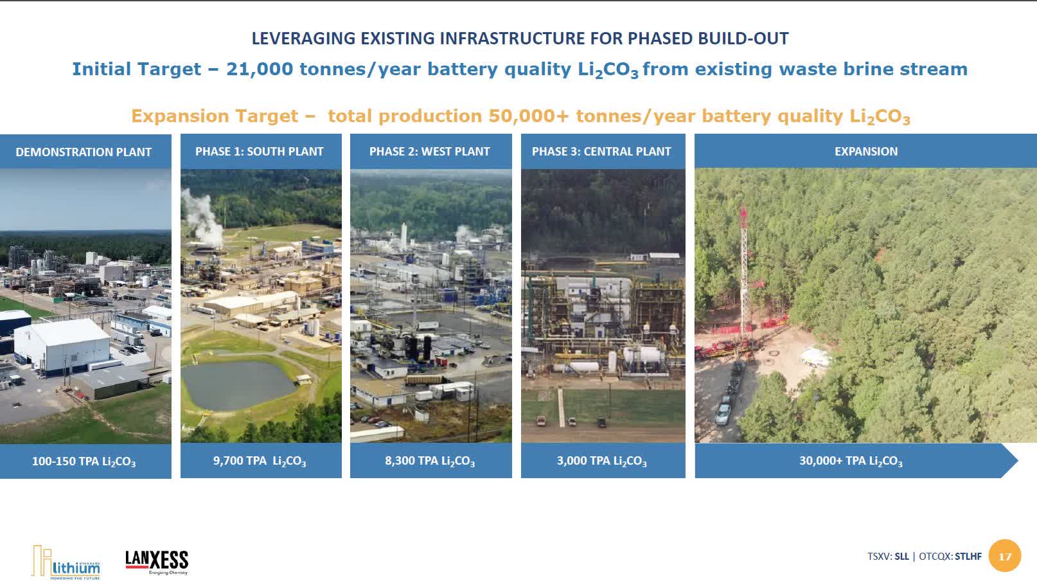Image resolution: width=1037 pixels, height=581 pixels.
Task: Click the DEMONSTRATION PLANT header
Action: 84,152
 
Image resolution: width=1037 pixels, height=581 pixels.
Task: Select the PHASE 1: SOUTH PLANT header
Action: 260,152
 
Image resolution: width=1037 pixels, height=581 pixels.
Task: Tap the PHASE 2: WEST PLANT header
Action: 430,152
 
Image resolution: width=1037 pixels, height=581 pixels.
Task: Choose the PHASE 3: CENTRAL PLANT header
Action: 601,152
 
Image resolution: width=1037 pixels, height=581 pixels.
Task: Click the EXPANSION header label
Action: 866,152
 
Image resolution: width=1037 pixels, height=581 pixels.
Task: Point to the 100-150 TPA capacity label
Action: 84,461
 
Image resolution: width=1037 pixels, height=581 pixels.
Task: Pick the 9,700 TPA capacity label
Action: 260,461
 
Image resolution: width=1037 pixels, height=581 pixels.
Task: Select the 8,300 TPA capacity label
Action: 430,461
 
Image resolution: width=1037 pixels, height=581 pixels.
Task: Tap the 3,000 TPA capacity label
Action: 601,461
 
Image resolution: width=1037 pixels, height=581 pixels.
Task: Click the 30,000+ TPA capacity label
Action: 851,461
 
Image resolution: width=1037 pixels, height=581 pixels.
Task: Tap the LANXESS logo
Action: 157,562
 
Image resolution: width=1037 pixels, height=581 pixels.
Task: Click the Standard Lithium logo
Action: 66,562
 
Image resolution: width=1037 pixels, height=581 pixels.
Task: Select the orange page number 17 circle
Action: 1005,557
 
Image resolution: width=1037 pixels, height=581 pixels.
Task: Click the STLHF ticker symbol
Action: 968,557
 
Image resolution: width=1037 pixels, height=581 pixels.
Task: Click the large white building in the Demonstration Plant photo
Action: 62,344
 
